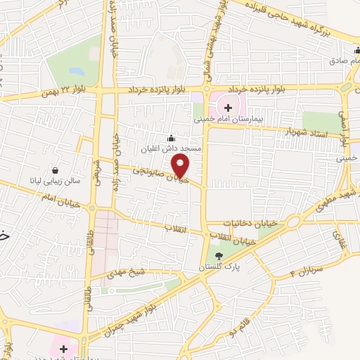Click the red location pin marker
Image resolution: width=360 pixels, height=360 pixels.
(181, 167)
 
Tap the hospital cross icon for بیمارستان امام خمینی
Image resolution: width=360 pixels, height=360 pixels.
(227, 108)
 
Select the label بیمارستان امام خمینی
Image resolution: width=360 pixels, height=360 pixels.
(227, 120)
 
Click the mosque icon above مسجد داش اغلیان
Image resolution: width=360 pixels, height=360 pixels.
(171, 137)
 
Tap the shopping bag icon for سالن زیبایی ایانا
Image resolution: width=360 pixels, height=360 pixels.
(56, 169)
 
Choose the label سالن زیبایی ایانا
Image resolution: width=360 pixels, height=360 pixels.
(56, 181)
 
